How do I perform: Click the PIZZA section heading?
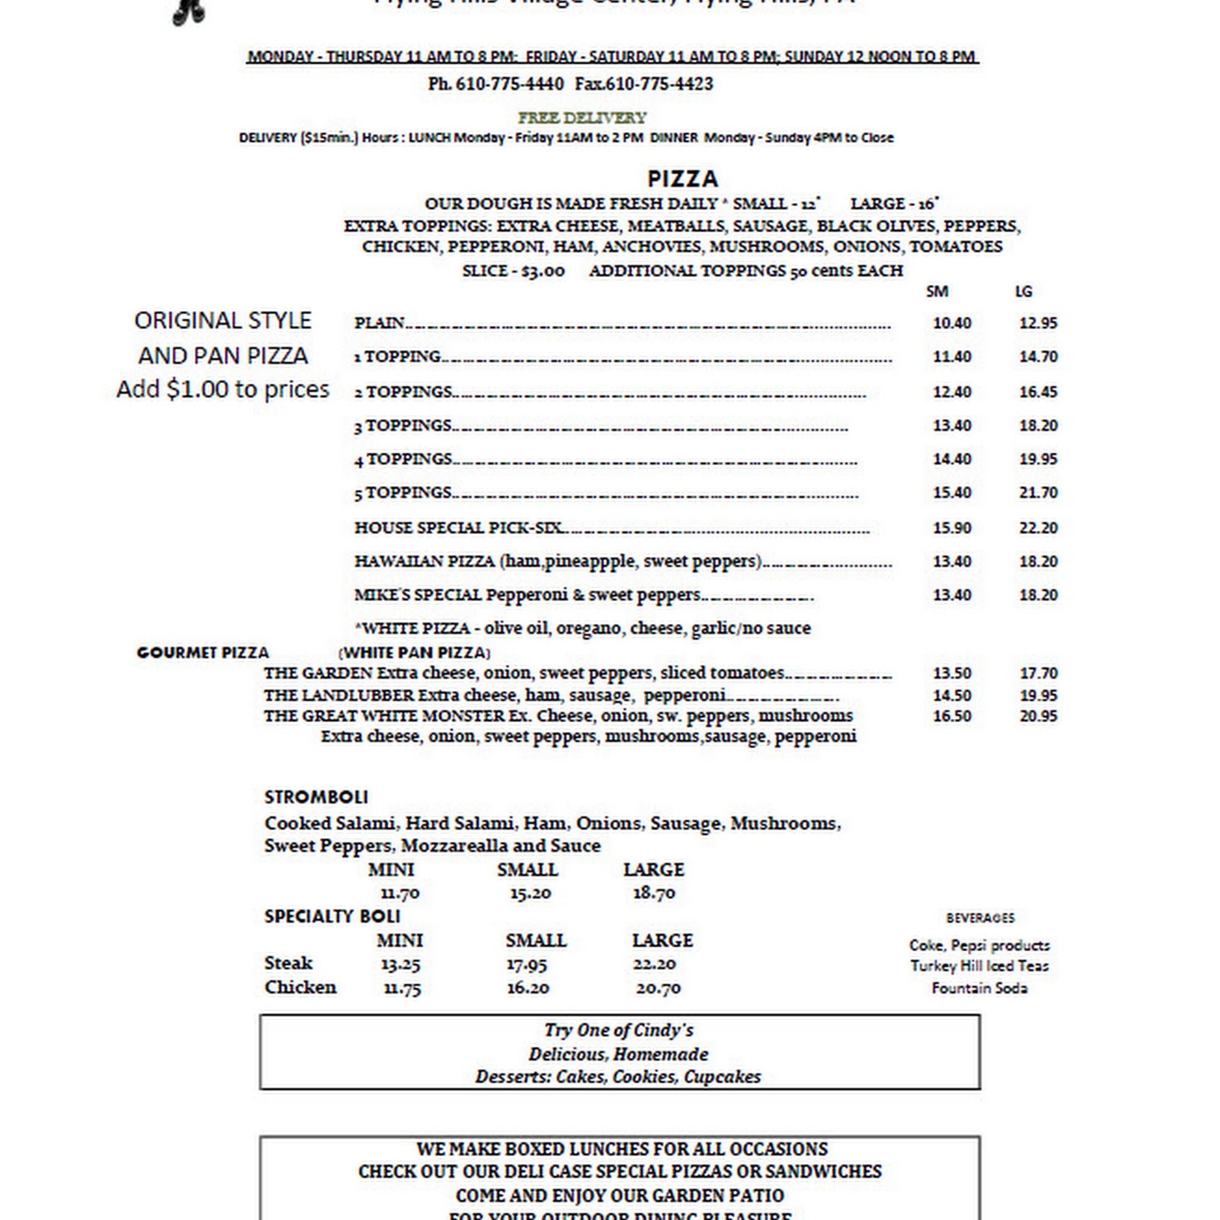coord(683,179)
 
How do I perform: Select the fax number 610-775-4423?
coord(659,84)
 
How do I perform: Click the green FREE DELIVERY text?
coord(581,118)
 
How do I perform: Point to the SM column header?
coord(936,291)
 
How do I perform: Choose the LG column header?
coord(1024,291)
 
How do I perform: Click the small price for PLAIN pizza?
coord(952,323)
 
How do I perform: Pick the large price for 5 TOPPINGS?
coord(1038,492)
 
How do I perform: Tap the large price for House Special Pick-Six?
coord(1038,528)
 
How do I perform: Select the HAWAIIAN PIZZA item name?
coord(425,561)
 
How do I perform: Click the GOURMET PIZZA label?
coord(203,652)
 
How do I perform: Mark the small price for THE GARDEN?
coord(952,673)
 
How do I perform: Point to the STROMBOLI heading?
coord(316,797)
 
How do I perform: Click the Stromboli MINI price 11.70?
coord(400,893)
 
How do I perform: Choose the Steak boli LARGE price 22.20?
coord(654,964)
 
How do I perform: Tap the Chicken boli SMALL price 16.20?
coord(528,988)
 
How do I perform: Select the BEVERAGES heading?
coord(980,918)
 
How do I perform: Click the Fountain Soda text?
coord(980,988)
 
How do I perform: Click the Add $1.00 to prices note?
coord(223,390)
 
